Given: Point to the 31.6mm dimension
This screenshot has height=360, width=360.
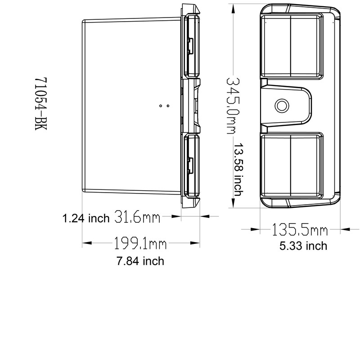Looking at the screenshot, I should coord(138,217).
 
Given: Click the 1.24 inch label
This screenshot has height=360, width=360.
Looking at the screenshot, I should coord(86,219).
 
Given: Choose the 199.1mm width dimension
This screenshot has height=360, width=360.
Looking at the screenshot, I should coord(139,244).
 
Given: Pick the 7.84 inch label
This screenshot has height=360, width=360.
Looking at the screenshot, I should coord(139,261).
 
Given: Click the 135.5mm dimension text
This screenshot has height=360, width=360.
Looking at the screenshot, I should coord(299,230).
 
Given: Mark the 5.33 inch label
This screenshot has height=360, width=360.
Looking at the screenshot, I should coord(302,246).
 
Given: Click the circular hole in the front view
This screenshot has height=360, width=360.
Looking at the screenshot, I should coord(282,105).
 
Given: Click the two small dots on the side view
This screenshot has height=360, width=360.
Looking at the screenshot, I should coord(165,106).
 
